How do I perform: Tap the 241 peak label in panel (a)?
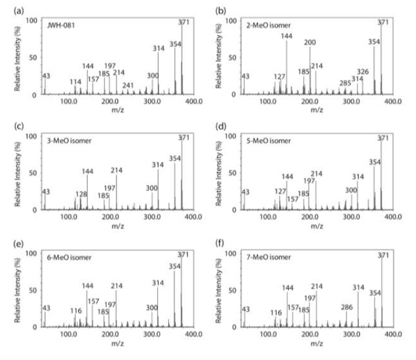click(145, 85)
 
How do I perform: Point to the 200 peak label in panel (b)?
click(310, 43)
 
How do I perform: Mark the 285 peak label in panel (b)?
click(345, 83)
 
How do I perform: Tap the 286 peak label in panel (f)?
click(346, 307)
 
